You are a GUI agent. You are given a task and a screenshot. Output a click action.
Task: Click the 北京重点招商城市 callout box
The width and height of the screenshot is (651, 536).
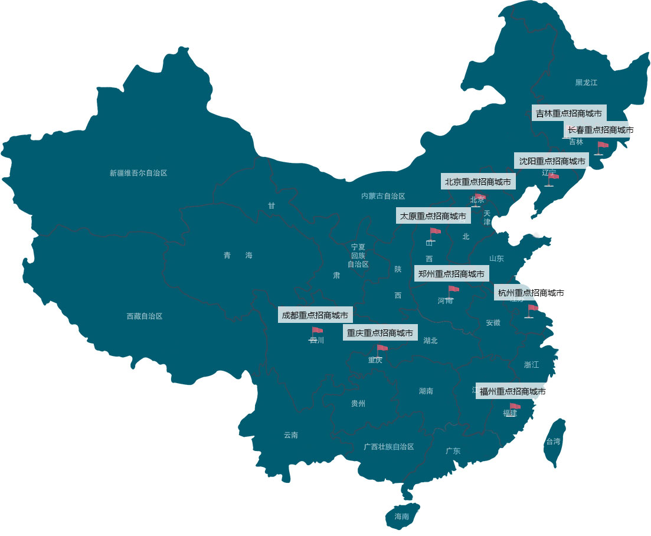click(x=478, y=182)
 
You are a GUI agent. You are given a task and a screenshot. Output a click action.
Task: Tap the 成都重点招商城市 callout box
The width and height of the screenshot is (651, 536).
click(x=315, y=315)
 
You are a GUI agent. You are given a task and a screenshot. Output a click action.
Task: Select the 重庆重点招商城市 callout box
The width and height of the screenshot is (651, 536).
click(x=380, y=333)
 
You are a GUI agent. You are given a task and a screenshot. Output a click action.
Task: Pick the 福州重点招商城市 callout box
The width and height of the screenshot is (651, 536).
click(x=512, y=391)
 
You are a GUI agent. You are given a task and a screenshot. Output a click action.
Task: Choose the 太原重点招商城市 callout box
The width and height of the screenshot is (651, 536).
click(x=433, y=216)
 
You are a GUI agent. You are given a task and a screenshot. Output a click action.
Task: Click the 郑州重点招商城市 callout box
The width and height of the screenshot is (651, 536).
click(x=452, y=273)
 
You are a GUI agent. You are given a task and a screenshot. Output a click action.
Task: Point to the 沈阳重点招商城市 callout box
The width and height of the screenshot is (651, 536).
click(x=552, y=161)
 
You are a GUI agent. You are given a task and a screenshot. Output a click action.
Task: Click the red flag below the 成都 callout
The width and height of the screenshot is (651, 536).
click(x=317, y=331)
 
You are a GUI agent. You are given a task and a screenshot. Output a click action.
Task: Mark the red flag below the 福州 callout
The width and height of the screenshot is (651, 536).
click(x=515, y=407)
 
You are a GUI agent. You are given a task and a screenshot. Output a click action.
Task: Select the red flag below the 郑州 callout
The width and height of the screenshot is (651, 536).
click(x=453, y=289)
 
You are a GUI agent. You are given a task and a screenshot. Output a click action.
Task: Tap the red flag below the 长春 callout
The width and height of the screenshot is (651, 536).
click(x=602, y=145)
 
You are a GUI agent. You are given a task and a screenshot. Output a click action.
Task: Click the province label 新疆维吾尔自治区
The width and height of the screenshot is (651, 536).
click(x=139, y=173)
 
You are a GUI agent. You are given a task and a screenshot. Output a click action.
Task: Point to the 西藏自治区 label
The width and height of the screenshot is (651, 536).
click(x=145, y=316)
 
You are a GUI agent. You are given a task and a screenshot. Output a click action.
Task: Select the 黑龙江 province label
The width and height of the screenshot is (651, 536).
click(x=586, y=83)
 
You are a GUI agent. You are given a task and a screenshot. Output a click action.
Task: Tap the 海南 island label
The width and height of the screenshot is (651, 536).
click(x=401, y=517)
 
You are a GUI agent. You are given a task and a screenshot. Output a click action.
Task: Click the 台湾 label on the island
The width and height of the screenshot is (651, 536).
click(x=553, y=441)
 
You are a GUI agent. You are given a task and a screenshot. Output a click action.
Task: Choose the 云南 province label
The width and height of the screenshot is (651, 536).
click(x=291, y=435)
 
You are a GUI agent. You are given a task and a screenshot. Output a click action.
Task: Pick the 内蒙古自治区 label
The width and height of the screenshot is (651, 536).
click(x=384, y=196)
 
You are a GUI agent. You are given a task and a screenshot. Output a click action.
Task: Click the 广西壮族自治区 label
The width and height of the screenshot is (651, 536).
click(x=389, y=447)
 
